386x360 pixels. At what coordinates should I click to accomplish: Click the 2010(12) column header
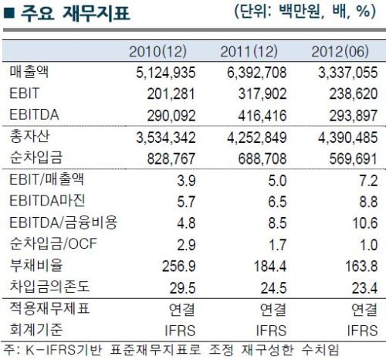[157, 52]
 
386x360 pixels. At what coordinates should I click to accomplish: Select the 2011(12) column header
[249, 52]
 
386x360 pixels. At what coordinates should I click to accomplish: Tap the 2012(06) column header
[340, 52]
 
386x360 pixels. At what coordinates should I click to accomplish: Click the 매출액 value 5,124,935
[166, 73]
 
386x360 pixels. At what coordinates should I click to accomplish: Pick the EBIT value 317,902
[262, 93]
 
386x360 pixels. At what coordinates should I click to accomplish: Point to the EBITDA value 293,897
[354, 116]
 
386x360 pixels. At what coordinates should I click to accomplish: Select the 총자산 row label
[29, 136]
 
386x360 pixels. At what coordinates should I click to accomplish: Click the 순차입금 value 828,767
[171, 158]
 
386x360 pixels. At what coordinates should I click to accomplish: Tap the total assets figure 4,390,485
[348, 138]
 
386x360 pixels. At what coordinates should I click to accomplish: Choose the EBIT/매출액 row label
[46, 179]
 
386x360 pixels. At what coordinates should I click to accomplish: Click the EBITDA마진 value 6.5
[277, 202]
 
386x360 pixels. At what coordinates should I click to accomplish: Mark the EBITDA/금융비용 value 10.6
[365, 223]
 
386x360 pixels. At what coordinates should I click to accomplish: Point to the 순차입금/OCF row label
[53, 243]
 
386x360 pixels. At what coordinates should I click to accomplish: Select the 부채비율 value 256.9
[179, 266]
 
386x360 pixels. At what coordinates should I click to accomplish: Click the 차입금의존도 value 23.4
[365, 288]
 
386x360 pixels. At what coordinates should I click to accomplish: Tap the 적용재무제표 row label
[49, 307]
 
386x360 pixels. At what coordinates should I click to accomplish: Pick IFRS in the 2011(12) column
[271, 331]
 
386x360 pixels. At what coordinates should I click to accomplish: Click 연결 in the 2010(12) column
[181, 309]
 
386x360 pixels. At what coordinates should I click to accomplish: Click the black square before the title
[9, 13]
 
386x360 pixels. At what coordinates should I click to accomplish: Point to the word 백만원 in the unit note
[300, 12]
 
